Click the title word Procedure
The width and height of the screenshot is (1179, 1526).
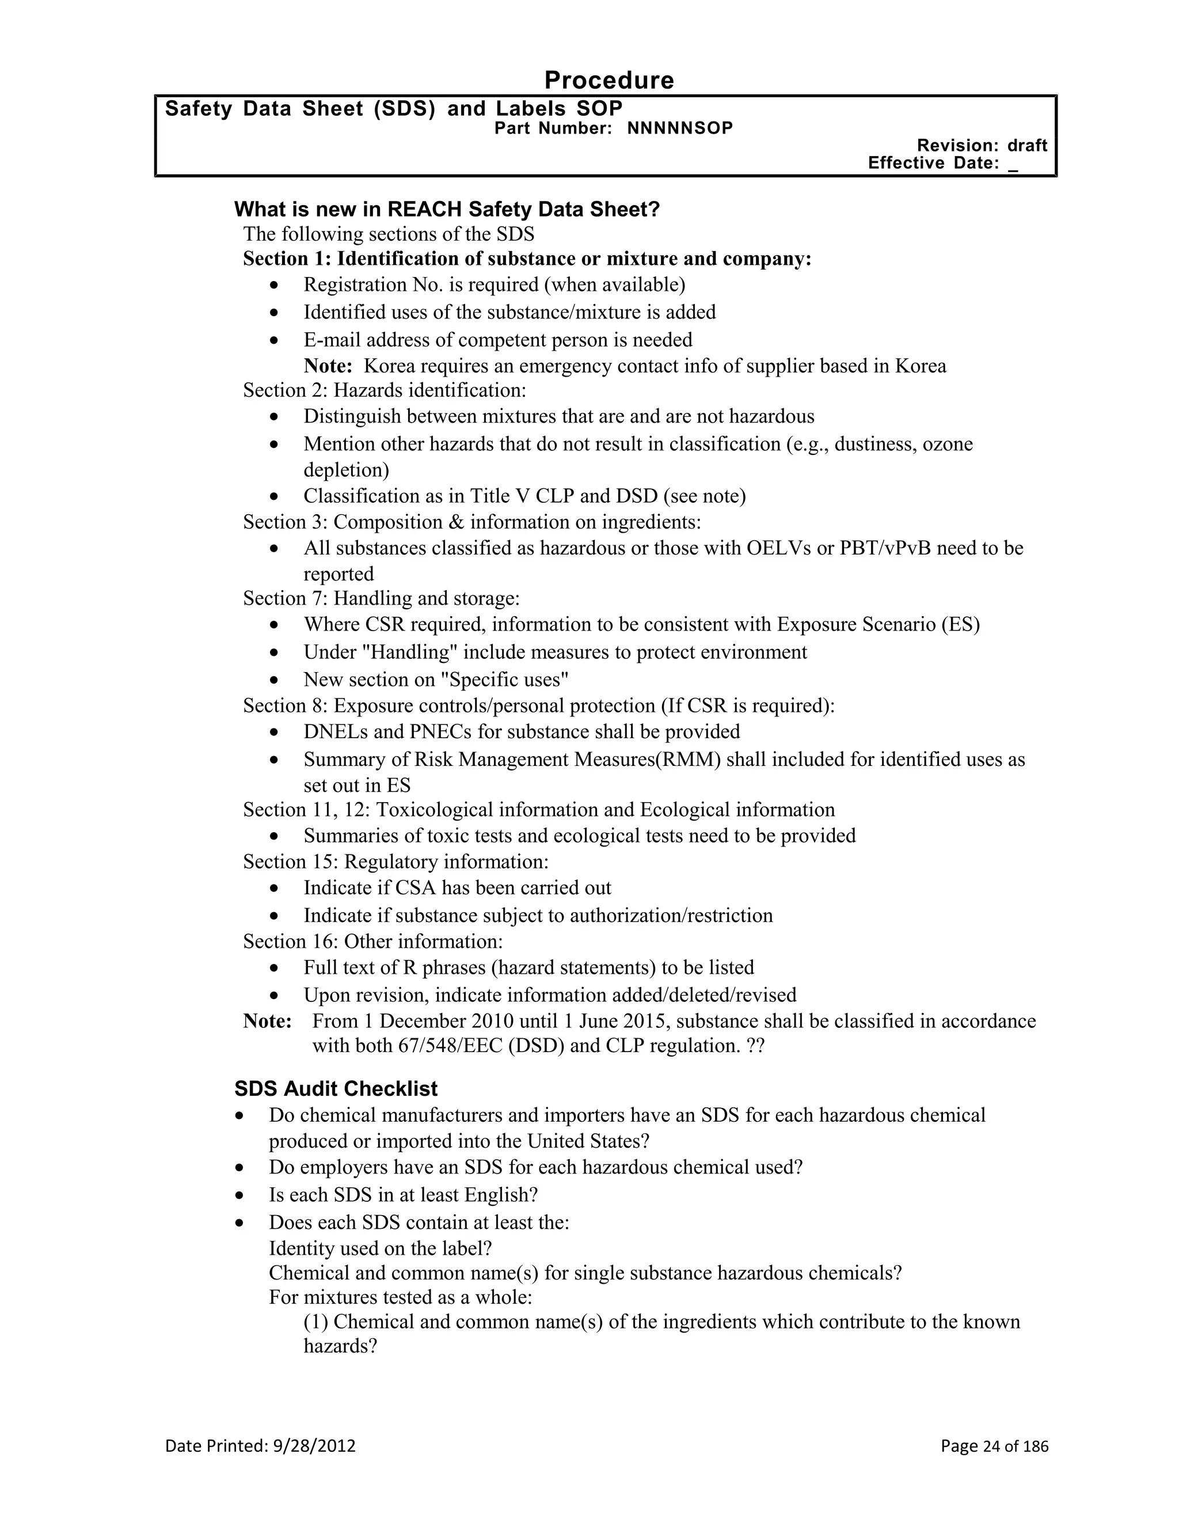click(x=608, y=81)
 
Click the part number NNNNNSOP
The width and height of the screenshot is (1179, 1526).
click(x=680, y=128)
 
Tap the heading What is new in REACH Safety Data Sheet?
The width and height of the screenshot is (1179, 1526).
click(x=447, y=209)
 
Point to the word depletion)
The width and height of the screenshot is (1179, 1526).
click(x=346, y=469)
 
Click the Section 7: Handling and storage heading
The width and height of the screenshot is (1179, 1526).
click(x=381, y=598)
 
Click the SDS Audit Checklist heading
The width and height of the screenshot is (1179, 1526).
click(x=336, y=1088)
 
